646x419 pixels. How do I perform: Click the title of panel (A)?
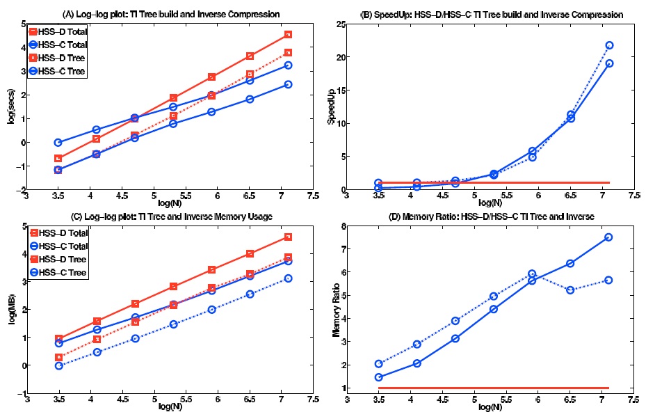coord(170,15)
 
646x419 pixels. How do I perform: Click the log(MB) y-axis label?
coord(12,312)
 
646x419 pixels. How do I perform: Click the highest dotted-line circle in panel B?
coord(609,45)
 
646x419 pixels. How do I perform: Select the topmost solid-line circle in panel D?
coord(609,237)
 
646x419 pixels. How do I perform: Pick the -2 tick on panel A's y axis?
coord(22,189)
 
